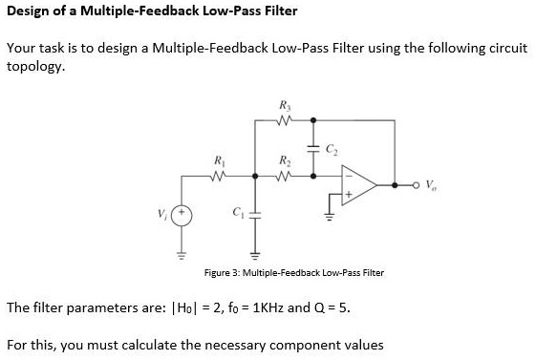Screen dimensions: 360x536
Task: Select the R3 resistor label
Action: tap(284, 104)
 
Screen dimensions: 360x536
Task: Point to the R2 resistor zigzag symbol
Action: tap(284, 176)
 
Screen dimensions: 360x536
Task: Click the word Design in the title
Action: tap(29, 11)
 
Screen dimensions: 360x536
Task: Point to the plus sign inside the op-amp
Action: tap(353, 194)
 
